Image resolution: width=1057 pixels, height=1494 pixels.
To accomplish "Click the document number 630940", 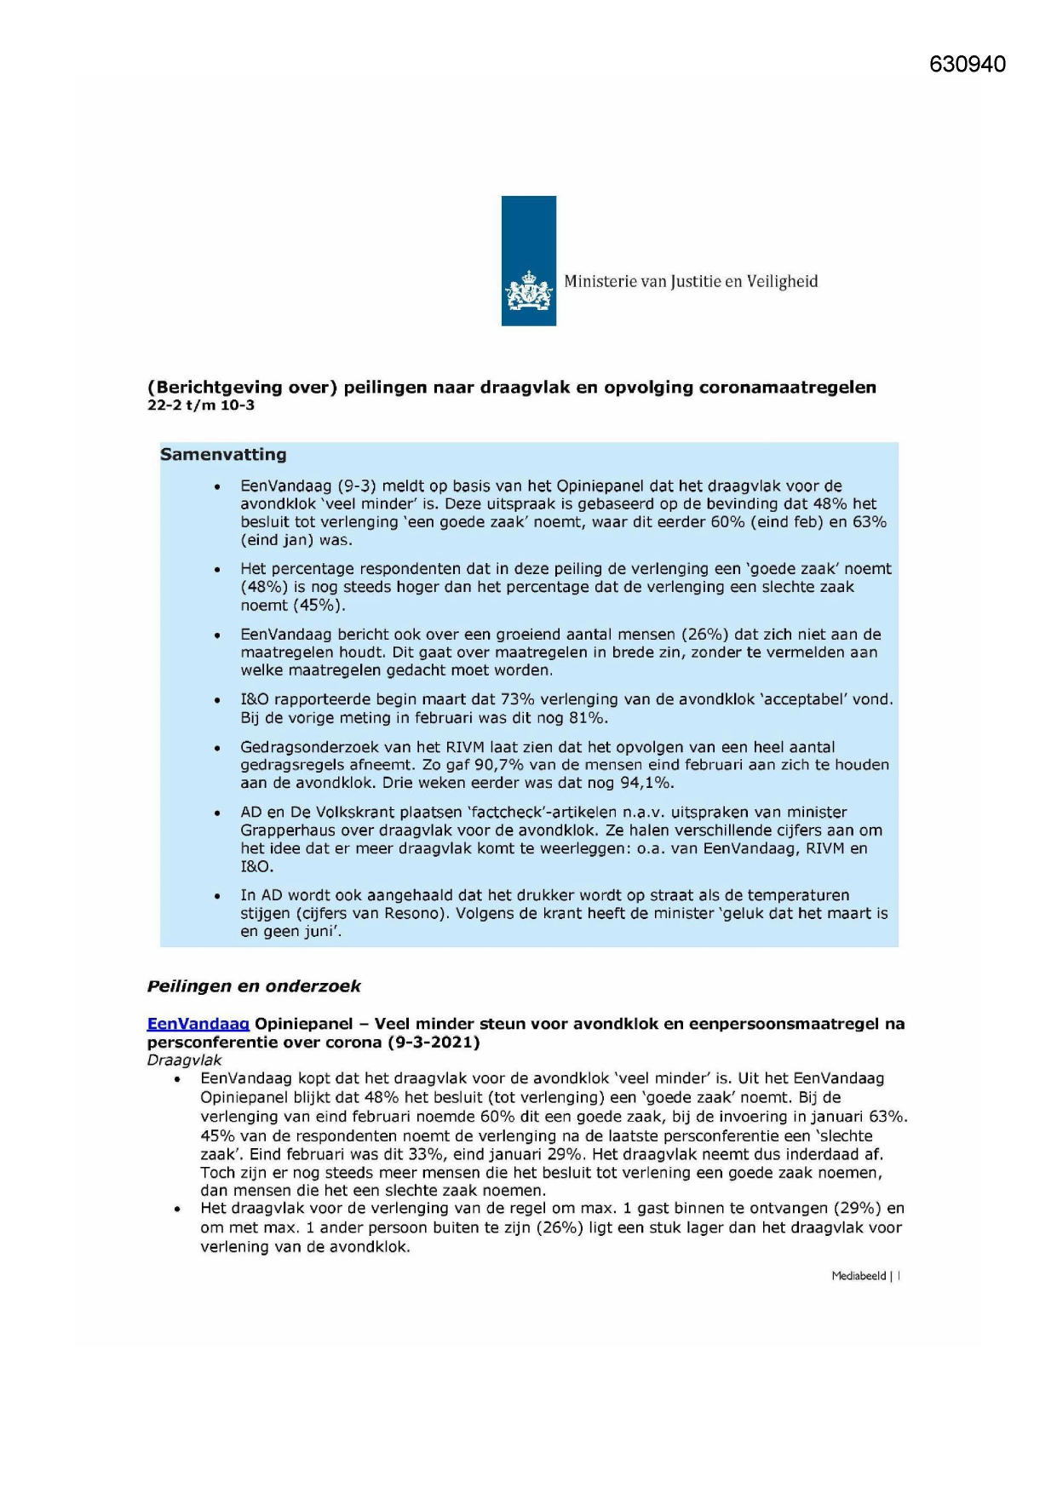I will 967,65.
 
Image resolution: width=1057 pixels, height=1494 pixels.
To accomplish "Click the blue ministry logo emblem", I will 528,261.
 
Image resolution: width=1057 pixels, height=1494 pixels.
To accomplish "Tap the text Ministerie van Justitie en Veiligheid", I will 691,282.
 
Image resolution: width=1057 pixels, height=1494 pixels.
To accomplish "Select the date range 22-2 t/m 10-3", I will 201,405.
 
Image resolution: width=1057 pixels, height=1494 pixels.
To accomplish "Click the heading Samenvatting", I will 223,455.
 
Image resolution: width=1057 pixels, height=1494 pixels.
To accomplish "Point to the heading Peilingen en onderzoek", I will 254,986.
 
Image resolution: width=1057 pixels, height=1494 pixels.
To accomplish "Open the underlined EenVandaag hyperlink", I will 198,1024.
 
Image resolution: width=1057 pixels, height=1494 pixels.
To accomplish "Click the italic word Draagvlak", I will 184,1060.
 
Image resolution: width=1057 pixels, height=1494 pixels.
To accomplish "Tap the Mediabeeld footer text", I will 859,1276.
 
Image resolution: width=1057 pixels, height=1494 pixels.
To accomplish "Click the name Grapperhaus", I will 286,830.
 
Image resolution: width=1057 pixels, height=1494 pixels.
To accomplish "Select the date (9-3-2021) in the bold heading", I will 434,1043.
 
